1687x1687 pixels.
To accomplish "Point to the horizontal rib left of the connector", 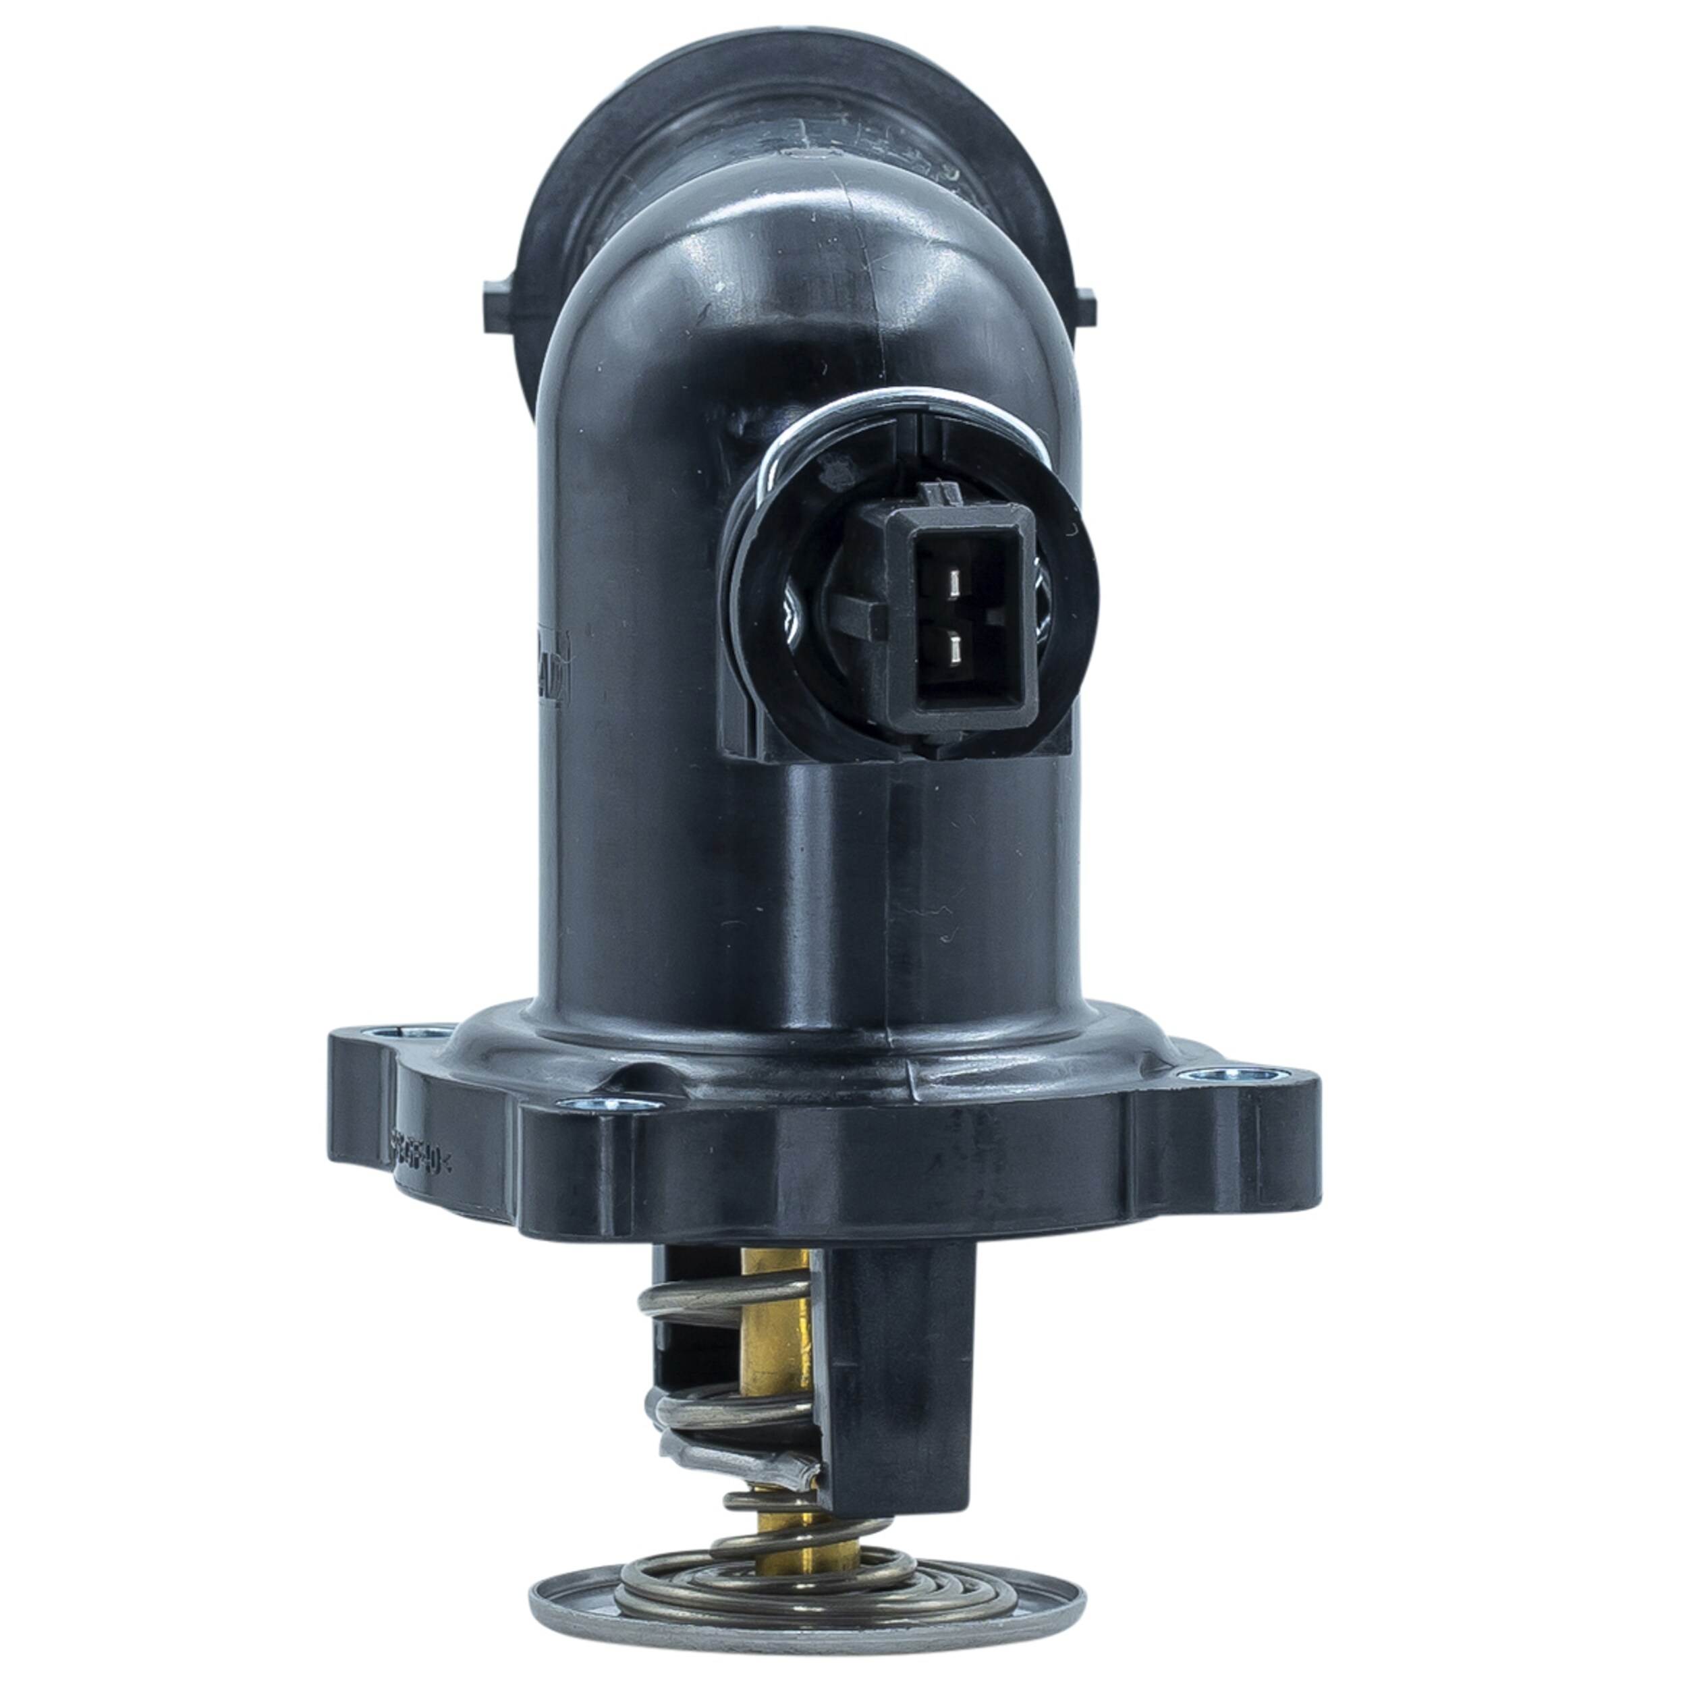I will pos(841,617).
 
